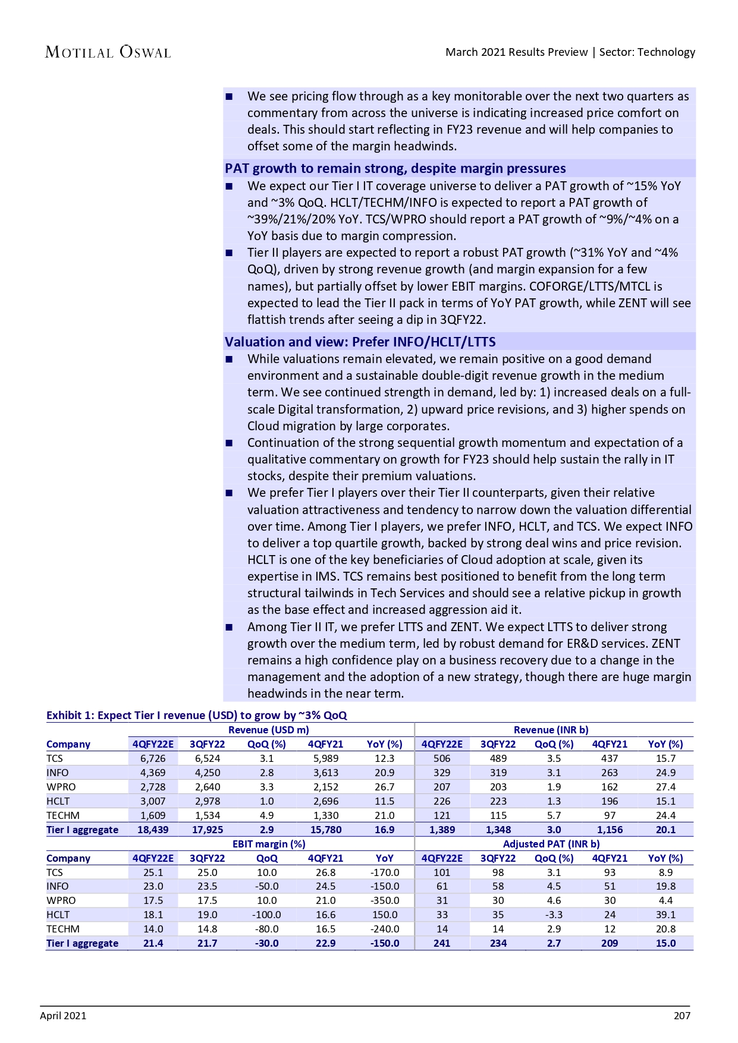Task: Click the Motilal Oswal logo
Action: (108, 52)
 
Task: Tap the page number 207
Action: (682, 1016)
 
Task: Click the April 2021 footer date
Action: (63, 1016)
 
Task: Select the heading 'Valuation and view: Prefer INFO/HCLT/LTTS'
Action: (360, 342)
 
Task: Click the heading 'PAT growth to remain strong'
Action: (395, 169)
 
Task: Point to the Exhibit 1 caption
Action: (196, 715)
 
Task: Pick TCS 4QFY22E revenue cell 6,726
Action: (153, 758)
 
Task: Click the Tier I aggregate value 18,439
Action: (153, 830)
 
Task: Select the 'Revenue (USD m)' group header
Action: (269, 730)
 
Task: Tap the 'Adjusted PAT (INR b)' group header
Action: (551, 844)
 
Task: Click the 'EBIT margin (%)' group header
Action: (269, 844)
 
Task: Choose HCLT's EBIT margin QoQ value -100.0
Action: (266, 915)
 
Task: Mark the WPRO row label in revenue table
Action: (61, 787)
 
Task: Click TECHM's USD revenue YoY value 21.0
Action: (385, 815)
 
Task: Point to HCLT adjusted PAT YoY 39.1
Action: (665, 915)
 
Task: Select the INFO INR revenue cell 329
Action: (442, 773)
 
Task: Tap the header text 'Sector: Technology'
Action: (647, 52)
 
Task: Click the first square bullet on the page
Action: (230, 97)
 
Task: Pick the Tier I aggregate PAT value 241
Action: (442, 943)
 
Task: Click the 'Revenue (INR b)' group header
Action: (551, 730)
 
